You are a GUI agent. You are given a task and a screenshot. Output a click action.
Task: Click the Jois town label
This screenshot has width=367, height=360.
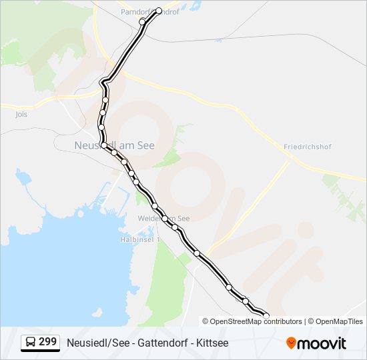pyautogui.click(x=22, y=114)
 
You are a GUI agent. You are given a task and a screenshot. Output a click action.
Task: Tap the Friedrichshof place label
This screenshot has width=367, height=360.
pyautogui.click(x=307, y=147)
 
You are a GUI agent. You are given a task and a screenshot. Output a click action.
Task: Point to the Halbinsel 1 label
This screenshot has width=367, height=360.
pyautogui.click(x=139, y=239)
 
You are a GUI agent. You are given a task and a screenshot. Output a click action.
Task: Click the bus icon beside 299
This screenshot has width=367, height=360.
pyautogui.click(x=30, y=343)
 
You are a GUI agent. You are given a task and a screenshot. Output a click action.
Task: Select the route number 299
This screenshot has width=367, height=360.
pyautogui.click(x=48, y=342)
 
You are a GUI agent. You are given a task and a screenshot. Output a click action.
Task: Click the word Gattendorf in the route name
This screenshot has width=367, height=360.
pyautogui.click(x=159, y=343)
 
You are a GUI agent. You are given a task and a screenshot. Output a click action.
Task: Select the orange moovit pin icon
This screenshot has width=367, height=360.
pyautogui.click(x=291, y=343)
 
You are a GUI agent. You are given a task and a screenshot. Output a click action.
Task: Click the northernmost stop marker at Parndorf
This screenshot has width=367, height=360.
pyautogui.click(x=159, y=11)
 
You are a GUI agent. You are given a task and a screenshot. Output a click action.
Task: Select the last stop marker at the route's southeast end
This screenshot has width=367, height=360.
pyautogui.click(x=266, y=316)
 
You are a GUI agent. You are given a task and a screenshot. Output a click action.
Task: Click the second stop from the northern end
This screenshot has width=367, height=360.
pyautogui.click(x=142, y=22)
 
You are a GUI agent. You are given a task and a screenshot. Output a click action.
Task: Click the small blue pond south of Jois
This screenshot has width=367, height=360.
pyautogui.click(x=23, y=178)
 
